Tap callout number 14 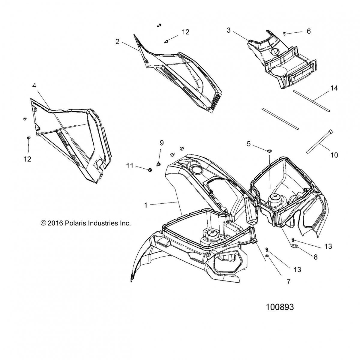pos(334,88)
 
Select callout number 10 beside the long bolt pos(334,155)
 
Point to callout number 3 pos(229,31)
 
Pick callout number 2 pos(117,42)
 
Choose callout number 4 pos(34,86)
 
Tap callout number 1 pos(146,205)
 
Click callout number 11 pos(129,165)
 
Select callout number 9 pos(161,143)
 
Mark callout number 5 pos(248,144)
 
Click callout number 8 pos(315,257)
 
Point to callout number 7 pos(289,282)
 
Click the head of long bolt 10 pos(322,131)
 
